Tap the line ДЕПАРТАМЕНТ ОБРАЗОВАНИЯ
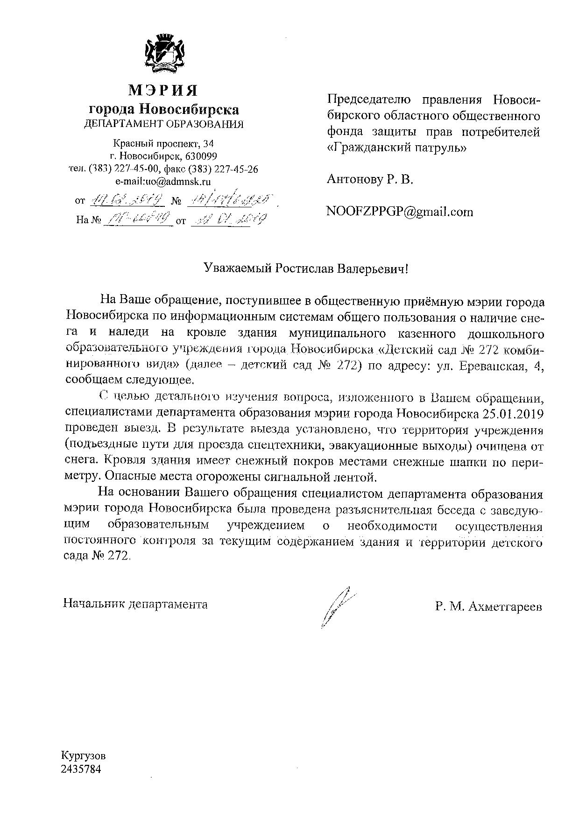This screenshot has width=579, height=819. (163, 124)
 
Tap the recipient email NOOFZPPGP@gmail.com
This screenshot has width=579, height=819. (400, 212)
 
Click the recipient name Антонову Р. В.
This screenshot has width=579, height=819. (370, 179)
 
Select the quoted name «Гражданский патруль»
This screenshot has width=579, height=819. (396, 148)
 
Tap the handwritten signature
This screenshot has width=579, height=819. (337, 606)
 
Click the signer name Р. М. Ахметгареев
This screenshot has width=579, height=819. (488, 607)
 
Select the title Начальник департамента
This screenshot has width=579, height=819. (136, 604)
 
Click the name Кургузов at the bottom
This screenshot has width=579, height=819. (83, 756)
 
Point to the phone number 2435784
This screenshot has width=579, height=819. (81, 769)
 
